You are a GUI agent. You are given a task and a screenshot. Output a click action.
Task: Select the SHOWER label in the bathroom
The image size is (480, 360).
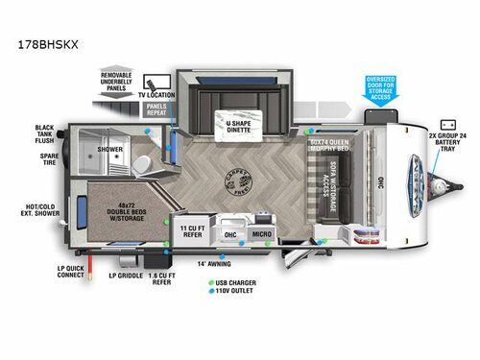108,150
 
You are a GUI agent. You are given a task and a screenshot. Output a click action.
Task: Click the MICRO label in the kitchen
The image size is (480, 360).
260,233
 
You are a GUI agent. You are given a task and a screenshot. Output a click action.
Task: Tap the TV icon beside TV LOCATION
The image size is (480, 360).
150,84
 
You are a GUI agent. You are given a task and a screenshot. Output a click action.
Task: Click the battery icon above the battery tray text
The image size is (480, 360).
446,125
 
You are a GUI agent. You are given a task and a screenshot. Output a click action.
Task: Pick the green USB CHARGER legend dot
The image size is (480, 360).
208,282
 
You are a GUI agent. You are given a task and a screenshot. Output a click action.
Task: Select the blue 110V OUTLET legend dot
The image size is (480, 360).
208,292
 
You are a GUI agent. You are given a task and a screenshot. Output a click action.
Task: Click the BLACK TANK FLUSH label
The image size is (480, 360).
45,133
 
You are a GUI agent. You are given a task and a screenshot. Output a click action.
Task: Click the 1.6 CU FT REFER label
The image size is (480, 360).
162,278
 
